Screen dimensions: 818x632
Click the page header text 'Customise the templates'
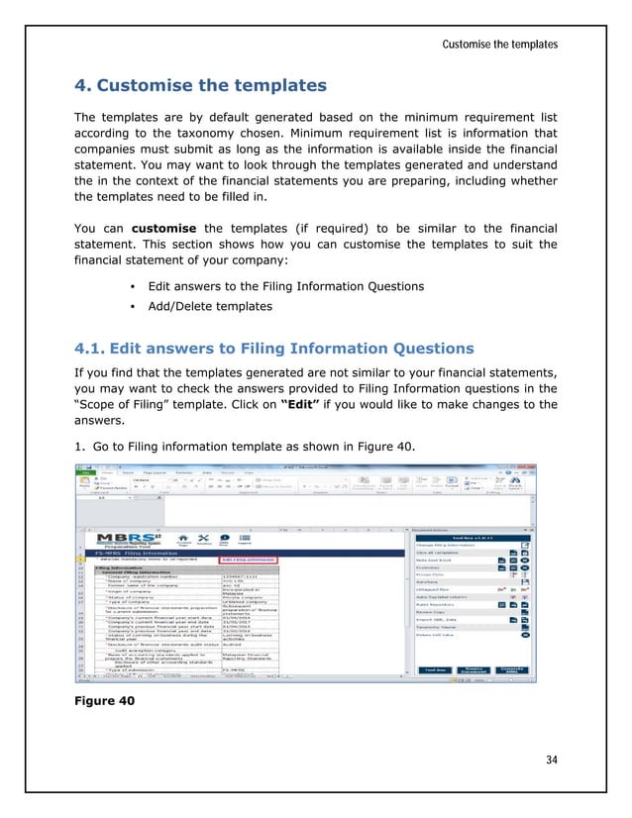click(499, 45)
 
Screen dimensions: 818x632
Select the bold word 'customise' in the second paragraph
click(164, 228)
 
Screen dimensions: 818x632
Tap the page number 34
click(550, 760)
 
